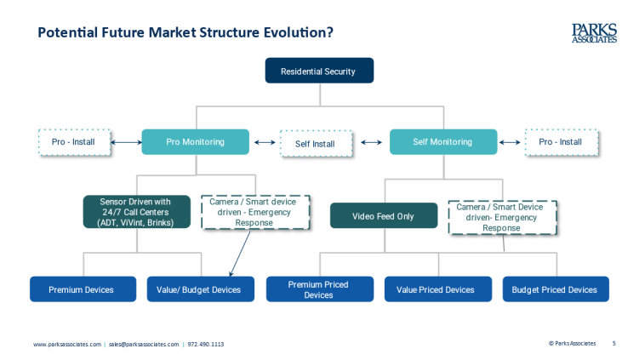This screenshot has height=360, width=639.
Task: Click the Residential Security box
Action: (x=319, y=71)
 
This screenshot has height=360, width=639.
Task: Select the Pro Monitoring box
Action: (x=195, y=142)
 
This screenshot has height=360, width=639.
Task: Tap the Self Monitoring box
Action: (x=443, y=142)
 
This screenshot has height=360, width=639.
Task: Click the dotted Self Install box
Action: (x=317, y=144)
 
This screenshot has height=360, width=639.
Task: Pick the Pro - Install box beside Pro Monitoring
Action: (x=74, y=142)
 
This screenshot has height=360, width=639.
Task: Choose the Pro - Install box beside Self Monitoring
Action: (x=562, y=142)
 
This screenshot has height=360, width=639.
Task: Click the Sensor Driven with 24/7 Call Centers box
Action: (x=136, y=212)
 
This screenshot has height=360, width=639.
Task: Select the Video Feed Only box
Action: (x=384, y=215)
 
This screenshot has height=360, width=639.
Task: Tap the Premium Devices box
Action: (x=83, y=289)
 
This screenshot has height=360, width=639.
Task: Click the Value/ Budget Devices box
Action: (x=201, y=289)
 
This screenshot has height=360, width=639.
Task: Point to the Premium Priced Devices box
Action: (x=320, y=289)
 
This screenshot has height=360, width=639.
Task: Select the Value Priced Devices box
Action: (x=438, y=289)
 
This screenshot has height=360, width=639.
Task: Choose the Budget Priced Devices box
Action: (x=556, y=289)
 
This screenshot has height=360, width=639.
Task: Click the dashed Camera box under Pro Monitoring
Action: (x=255, y=212)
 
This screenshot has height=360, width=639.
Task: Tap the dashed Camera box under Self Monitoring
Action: (x=503, y=217)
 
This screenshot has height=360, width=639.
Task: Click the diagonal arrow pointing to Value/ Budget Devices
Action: (x=240, y=253)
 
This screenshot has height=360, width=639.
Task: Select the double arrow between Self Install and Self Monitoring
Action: (x=371, y=142)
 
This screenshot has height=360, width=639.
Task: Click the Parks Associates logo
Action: (x=594, y=33)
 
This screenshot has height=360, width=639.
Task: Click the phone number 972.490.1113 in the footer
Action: (x=206, y=344)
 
